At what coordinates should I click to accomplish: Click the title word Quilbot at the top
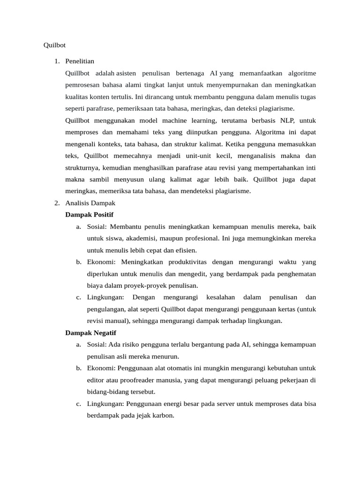(x=54, y=45)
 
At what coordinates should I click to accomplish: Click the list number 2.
(x=56, y=203)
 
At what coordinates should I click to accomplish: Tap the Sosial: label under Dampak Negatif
(x=97, y=345)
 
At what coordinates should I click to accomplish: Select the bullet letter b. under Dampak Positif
(x=78, y=262)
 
